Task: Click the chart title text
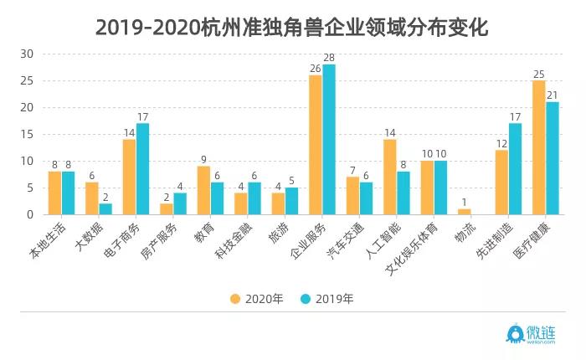pos(292,27)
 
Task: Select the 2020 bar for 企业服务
pos(316,145)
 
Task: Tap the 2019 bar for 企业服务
pos(329,139)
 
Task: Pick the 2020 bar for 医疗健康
pos(539,147)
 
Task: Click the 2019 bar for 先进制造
pos(515,169)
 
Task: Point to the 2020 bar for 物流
pos(465,212)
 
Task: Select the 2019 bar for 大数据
pos(105,208)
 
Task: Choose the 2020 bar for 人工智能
pos(390,177)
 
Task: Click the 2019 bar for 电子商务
pos(143,169)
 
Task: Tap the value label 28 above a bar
pos(329,57)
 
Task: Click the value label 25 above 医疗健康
pos(539,74)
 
